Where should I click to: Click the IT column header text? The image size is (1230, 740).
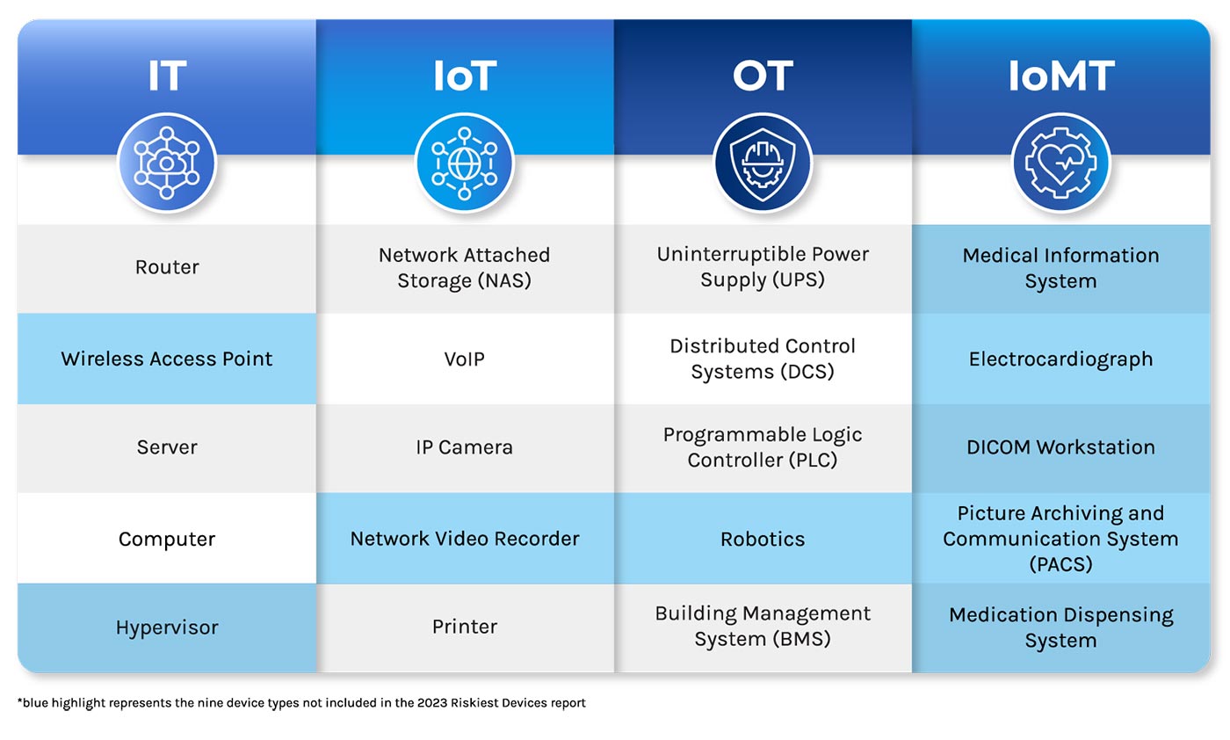167,76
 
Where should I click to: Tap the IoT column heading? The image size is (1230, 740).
465,76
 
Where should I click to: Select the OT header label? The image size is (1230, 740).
763,76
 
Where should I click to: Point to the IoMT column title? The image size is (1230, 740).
1060,76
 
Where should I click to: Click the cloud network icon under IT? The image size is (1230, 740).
167,163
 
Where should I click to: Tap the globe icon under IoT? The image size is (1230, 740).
465,163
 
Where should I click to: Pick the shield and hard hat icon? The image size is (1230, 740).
763,163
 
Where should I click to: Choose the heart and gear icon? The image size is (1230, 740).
1060,163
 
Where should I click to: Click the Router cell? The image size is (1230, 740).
167,267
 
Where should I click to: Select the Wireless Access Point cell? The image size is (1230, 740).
167,359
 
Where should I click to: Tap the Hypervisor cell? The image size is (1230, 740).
167,628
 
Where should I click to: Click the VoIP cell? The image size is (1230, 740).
465,359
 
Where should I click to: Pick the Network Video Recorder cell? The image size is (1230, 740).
465,539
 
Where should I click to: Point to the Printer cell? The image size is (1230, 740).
465,627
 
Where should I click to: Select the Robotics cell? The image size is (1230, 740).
763,539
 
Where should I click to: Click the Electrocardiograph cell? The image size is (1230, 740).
1060,359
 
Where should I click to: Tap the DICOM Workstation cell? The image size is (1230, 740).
1060,446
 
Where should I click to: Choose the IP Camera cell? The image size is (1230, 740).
465,446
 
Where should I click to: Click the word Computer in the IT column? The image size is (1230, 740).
167,539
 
